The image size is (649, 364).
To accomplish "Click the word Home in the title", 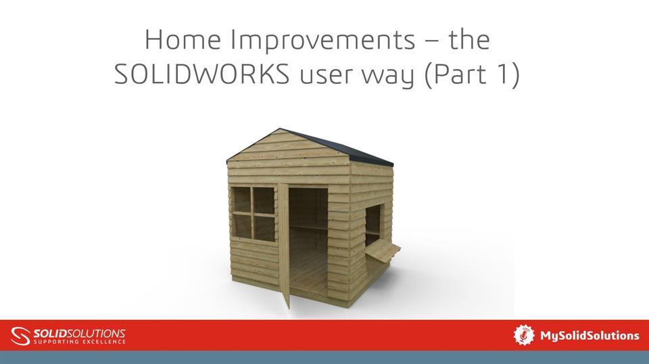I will [x=183, y=41].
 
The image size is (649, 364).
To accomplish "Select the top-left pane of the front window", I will [x=241, y=200].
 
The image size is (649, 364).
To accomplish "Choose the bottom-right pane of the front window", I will [x=264, y=227].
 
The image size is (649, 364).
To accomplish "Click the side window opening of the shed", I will [x=372, y=226].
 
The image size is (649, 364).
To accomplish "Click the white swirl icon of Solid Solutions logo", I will [x=21, y=336].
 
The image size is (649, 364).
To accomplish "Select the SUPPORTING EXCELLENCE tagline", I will [x=79, y=342].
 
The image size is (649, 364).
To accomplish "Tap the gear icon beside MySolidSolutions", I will [x=524, y=335].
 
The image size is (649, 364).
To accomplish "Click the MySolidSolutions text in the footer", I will [x=589, y=336].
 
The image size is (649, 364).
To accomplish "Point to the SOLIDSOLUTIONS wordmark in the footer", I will [x=79, y=332].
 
